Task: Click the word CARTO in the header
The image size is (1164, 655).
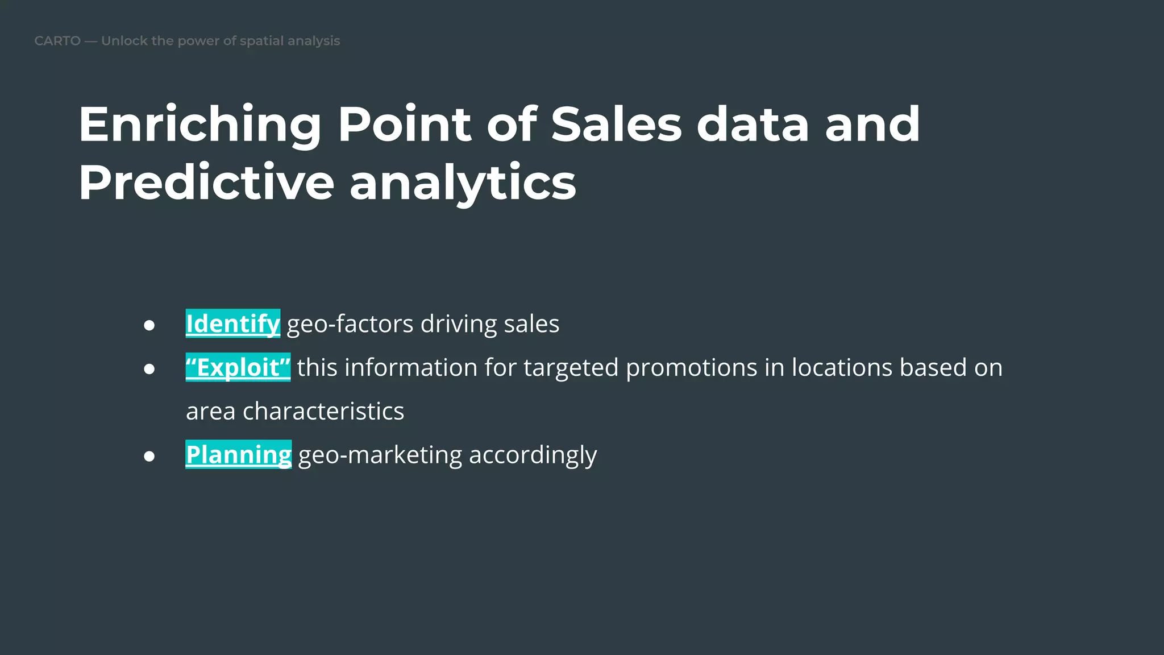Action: click(x=57, y=41)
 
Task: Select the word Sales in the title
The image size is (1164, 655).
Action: click(x=616, y=125)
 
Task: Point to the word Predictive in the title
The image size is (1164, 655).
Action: click(x=206, y=183)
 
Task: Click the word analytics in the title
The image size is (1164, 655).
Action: click(x=463, y=183)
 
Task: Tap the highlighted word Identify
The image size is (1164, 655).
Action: click(x=233, y=324)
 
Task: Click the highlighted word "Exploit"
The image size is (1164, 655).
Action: click(x=238, y=367)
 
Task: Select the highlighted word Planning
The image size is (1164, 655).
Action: click(x=239, y=454)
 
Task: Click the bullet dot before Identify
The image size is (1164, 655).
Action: click(x=149, y=325)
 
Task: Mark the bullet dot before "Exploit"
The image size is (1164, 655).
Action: click(x=149, y=369)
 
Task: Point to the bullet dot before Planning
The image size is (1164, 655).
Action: click(x=149, y=456)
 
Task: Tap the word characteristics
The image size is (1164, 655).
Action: click(x=323, y=411)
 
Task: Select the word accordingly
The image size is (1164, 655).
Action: click(x=533, y=455)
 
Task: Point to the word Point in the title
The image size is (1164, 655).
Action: click(x=404, y=125)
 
